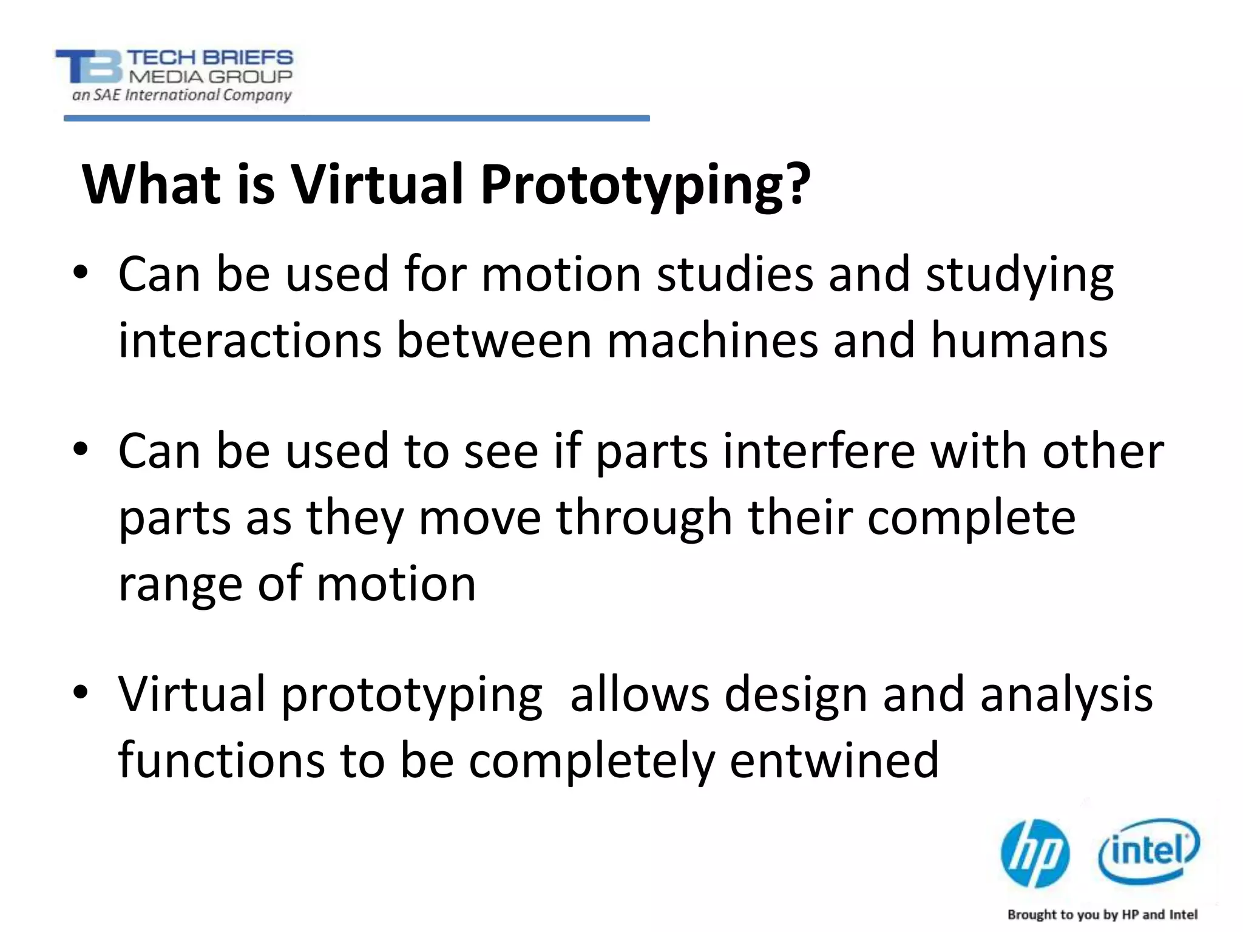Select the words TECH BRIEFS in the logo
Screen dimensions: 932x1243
pos(210,58)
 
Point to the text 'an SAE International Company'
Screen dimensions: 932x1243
pos(181,95)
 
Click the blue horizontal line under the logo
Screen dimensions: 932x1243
pos(356,118)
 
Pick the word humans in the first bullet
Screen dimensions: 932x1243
pos(1019,340)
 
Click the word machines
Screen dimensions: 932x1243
pos(713,340)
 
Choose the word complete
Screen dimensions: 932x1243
pos(971,519)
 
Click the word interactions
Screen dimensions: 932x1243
pos(249,340)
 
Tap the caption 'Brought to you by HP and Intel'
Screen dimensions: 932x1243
pos(1102,914)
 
